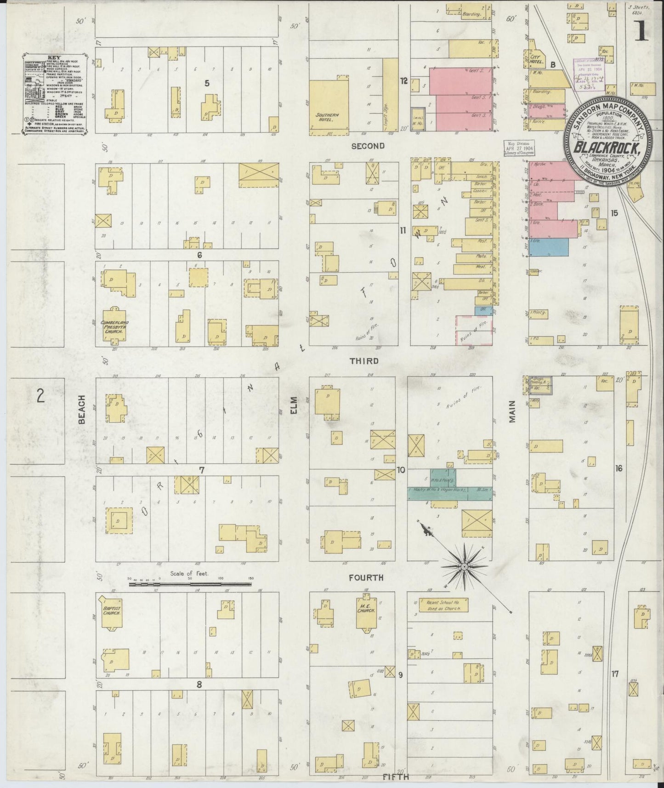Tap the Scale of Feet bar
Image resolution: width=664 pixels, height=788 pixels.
point(190,584)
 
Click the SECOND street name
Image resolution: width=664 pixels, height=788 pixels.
point(368,146)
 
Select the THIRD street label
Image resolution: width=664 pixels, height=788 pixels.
point(364,361)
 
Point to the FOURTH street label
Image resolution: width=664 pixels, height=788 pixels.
point(366,577)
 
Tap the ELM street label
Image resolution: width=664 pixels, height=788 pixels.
point(294,405)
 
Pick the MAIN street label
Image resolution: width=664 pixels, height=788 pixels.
point(512,411)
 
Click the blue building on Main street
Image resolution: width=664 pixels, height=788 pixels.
point(548,247)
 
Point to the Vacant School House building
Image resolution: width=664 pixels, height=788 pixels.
point(440,604)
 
